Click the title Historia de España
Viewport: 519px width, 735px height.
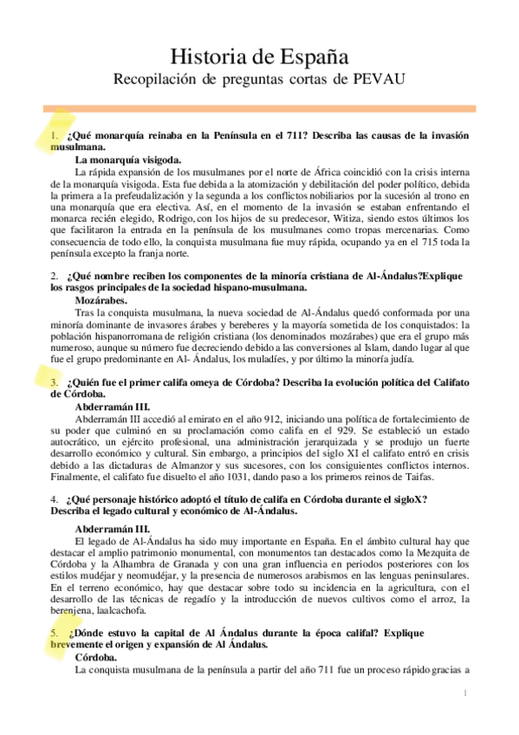point(259,58)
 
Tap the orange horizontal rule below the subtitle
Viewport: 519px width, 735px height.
point(259,108)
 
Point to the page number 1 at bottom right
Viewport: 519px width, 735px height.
point(465,692)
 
